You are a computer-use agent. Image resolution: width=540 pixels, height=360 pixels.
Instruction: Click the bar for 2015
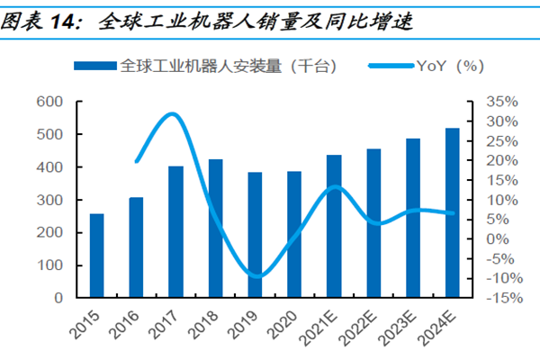point(96,256)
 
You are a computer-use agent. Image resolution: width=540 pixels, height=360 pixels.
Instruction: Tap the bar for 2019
point(255,235)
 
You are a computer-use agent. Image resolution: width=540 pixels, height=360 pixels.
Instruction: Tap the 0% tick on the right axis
point(494,239)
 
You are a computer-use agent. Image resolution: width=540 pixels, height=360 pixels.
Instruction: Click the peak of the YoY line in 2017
point(174,114)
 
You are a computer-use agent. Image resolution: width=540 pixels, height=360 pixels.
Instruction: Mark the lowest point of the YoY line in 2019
point(256,276)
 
